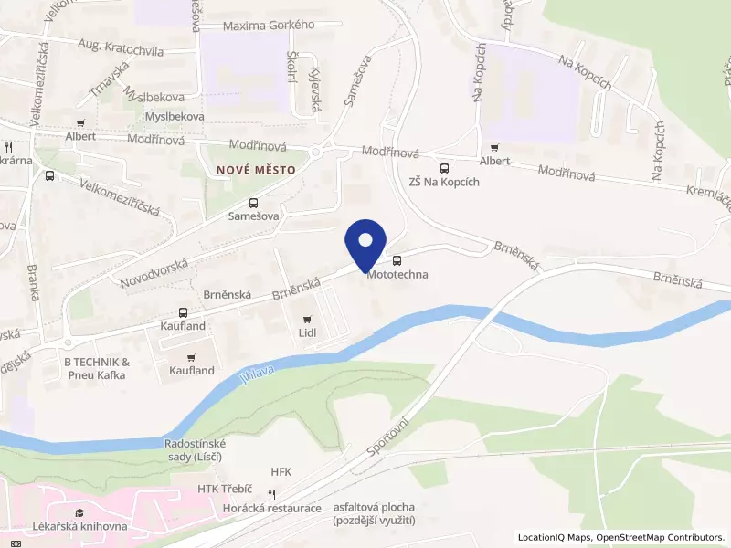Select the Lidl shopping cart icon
(x=306, y=320)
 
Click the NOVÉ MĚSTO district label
(x=256, y=170)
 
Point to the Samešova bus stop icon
(x=253, y=203)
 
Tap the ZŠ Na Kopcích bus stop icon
(x=444, y=168)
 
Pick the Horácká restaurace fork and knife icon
(x=284, y=494)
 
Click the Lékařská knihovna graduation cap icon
(x=79, y=512)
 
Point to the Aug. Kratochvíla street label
(x=121, y=47)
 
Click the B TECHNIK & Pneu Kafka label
(x=98, y=368)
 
